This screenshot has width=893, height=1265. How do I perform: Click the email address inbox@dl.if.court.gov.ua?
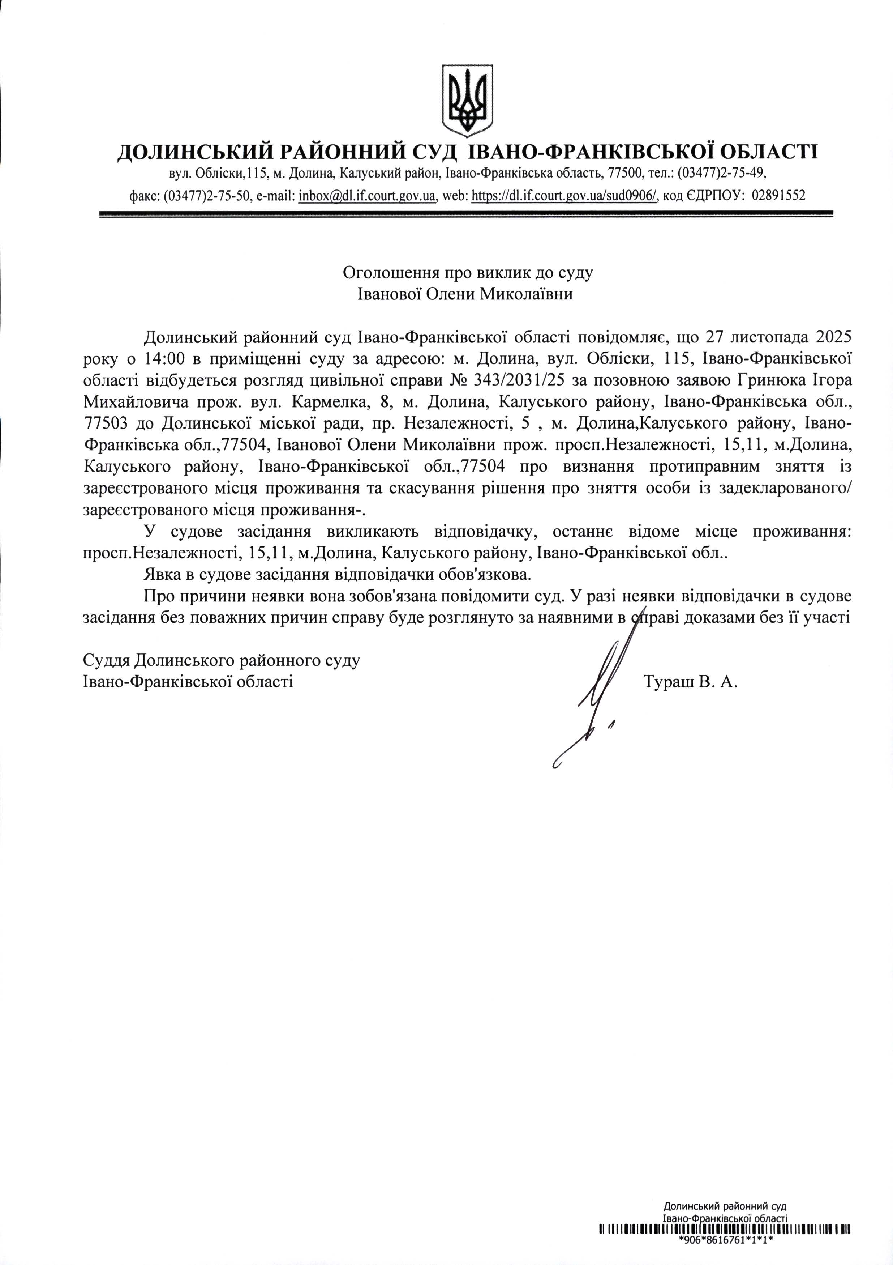(367, 196)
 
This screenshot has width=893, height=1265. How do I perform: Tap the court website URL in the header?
(565, 196)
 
